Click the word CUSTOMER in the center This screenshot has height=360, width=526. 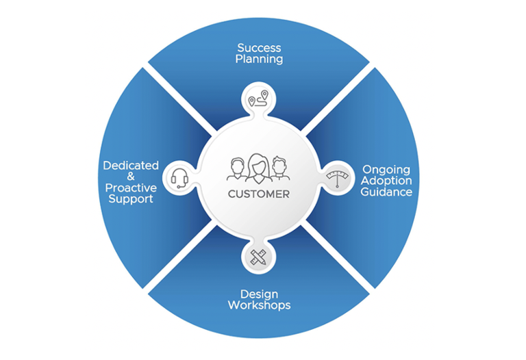259,194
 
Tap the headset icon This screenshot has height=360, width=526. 180,178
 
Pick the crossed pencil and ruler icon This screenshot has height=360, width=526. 259,257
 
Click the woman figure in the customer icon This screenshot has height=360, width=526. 259,168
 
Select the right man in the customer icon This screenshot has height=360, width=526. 279,169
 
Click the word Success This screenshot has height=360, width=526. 260,48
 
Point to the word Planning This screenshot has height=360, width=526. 260,59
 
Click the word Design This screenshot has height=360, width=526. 259,294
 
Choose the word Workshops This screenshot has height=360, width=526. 259,305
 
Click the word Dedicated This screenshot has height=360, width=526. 131,166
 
